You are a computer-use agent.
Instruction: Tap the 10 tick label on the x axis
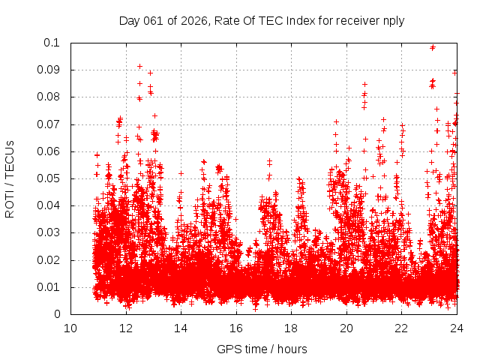70,328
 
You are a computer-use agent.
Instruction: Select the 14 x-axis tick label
181,328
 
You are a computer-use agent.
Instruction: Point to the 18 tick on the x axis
291,328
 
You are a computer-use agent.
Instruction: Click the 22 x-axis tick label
401,328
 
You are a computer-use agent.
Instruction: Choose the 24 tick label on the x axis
457,328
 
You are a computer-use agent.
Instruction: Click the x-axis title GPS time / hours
262,349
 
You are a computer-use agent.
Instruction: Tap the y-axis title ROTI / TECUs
10,178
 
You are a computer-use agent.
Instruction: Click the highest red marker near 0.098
432,47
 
